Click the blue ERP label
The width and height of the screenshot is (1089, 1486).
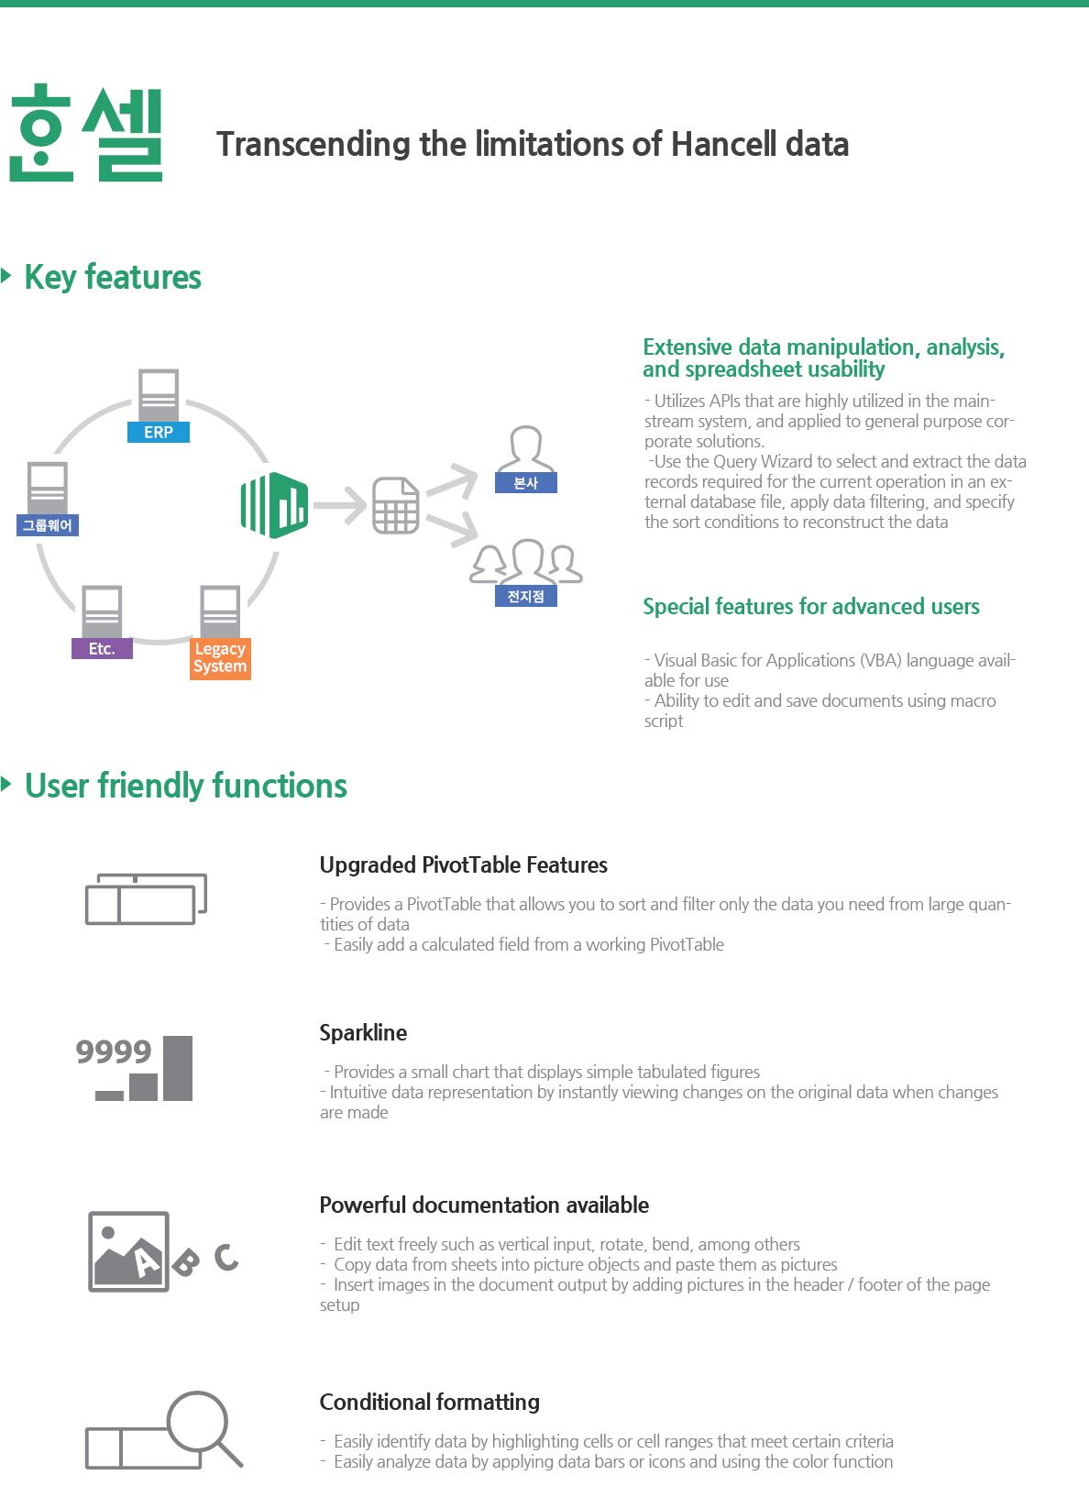159,432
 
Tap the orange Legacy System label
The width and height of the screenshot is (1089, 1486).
220,658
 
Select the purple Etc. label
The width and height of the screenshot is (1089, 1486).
102,648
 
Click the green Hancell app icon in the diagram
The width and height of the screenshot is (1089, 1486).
275,505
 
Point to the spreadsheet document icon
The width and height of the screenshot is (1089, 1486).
395,505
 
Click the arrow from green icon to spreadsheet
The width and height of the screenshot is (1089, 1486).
339,505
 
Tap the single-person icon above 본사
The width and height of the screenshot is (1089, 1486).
526,448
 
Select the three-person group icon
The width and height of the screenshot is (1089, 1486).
526,562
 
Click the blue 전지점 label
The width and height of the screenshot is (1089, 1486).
526,596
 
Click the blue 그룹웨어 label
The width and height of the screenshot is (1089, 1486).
48,525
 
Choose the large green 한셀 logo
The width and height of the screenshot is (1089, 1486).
86,133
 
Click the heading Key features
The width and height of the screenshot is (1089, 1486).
113,277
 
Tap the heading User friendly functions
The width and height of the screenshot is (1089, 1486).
186,786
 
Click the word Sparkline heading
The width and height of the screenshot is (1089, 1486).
363,1032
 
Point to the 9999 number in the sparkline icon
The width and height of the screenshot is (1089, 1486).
114,1051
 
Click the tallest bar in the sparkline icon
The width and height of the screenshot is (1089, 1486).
178,1068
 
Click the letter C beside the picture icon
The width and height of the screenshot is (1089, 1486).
226,1257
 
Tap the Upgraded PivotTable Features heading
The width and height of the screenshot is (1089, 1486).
464,865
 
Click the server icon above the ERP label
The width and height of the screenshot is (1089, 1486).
159,395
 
